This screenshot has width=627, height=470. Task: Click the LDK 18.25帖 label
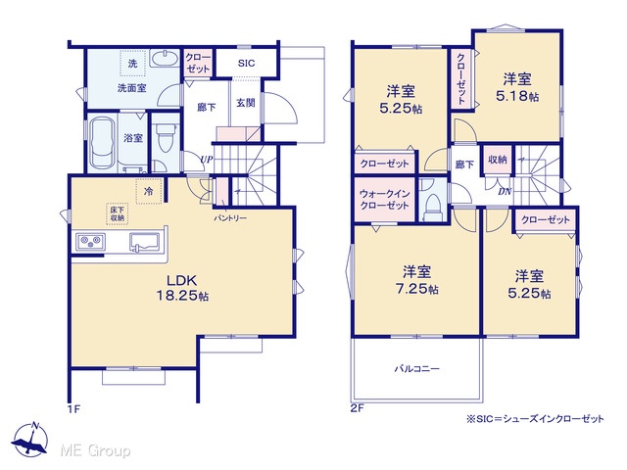(x=182, y=288)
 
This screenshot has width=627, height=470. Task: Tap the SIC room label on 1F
(x=246, y=63)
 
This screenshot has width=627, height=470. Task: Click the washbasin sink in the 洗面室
(x=164, y=58)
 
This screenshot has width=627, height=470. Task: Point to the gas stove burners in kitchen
(x=90, y=242)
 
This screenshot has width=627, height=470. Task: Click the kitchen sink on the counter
(x=144, y=242)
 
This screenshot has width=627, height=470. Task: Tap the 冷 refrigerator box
(x=149, y=192)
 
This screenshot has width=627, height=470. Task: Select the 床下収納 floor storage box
(x=118, y=213)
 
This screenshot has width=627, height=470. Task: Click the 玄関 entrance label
(x=246, y=103)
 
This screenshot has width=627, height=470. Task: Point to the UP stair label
(x=207, y=160)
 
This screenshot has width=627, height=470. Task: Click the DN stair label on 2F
(x=505, y=192)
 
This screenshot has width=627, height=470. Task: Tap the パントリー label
(x=230, y=218)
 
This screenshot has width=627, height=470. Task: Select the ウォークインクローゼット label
(x=384, y=200)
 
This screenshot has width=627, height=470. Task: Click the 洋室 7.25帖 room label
(x=417, y=280)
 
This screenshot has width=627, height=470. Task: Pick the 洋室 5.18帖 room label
(x=517, y=87)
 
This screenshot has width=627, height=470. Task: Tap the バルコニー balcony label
(x=417, y=368)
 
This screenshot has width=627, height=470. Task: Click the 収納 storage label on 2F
(x=498, y=160)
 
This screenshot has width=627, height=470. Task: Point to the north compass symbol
(x=29, y=439)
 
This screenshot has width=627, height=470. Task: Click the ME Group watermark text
(x=95, y=450)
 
